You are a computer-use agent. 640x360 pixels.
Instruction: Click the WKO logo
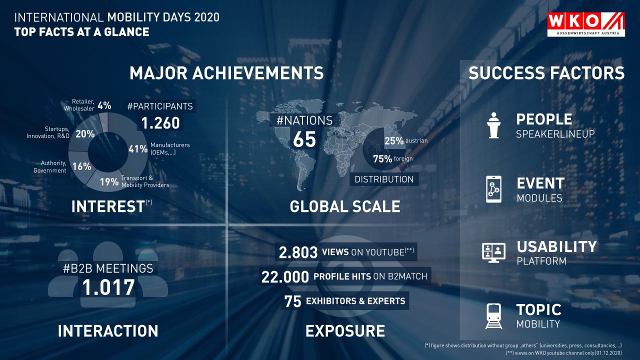tap(586, 24)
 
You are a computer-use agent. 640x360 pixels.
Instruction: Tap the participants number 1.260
tap(160, 123)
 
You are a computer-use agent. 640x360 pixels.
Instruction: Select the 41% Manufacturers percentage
tap(138, 149)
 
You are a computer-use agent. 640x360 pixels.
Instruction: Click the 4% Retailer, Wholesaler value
tap(104, 105)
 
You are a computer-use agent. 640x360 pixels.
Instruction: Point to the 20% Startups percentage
tap(85, 133)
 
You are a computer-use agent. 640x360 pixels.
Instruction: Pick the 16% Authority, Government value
tap(81, 166)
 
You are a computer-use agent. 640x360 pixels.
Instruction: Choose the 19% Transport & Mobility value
tap(109, 181)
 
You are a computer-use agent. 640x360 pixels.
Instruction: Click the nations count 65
tap(304, 139)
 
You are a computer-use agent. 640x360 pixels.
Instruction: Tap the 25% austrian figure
tap(394, 141)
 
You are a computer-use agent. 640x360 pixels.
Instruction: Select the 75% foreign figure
tap(382, 159)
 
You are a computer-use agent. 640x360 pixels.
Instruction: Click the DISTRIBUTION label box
tap(384, 179)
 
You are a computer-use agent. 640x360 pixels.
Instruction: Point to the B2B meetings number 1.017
tap(108, 287)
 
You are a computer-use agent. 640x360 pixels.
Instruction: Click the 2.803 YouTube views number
tap(298, 252)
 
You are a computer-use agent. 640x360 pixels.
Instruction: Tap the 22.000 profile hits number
tap(285, 277)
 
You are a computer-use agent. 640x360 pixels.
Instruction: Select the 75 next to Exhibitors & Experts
tap(292, 301)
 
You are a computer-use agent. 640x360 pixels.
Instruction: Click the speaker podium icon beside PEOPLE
tap(493, 125)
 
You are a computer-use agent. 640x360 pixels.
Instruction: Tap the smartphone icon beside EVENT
tap(493, 189)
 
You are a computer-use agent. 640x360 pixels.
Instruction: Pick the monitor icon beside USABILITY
tap(493, 253)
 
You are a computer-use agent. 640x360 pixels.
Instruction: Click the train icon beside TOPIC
tap(493, 316)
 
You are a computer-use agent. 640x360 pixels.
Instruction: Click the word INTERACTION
tap(108, 331)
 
